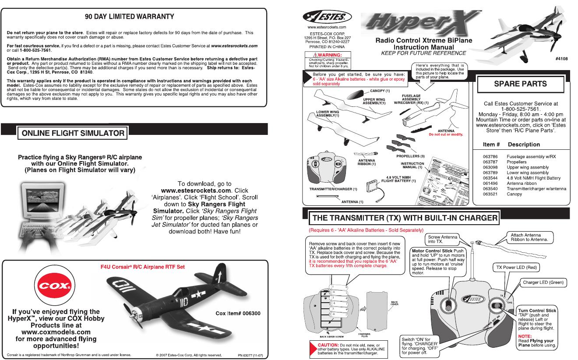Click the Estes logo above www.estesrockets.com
pyautogui.click(x=327, y=17)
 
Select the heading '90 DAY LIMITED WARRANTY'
pyautogui.click(x=130, y=17)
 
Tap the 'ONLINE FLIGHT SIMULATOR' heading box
pyautogui.click(x=72, y=133)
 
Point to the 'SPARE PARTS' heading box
pyautogui.click(x=520, y=84)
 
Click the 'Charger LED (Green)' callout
pyautogui.click(x=543, y=282)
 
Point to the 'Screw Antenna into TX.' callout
pyautogui.click(x=442, y=239)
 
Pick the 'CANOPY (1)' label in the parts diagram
pyautogui.click(x=380, y=91)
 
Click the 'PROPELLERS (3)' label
pyautogui.click(x=411, y=156)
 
